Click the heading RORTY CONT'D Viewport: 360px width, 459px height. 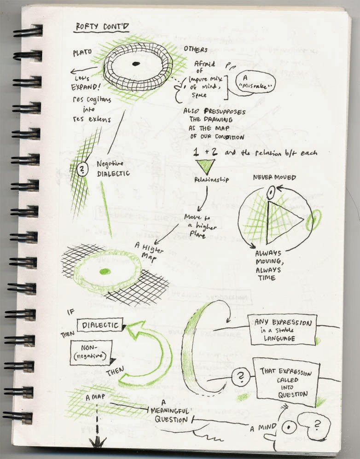pos(102,28)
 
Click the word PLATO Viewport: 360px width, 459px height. pos(82,53)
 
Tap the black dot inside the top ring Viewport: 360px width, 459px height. pos(135,64)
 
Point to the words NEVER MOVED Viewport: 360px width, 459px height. pos(274,177)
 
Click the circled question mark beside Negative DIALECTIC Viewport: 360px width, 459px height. pos(81,169)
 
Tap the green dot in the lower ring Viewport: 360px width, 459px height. pos(105,271)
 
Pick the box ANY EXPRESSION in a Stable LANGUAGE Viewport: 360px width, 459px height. pos(282,329)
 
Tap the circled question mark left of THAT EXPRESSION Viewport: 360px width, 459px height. pos(239,378)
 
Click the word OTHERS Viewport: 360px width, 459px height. pos(196,49)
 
